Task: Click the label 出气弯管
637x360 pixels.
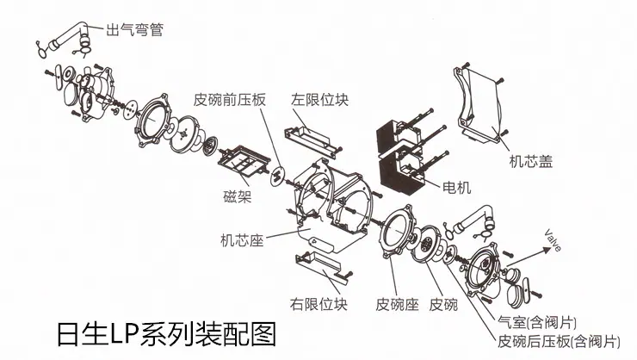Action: click(134, 29)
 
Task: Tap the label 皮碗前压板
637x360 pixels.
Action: click(230, 100)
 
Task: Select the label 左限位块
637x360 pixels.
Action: click(319, 100)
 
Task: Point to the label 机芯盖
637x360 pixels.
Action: click(531, 162)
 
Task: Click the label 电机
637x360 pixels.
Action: click(456, 187)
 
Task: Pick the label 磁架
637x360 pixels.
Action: click(238, 196)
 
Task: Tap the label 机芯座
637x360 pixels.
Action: click(242, 240)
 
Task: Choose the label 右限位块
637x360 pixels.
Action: click(318, 304)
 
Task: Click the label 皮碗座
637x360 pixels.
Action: click(397, 304)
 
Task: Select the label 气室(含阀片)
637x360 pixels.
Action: click(537, 323)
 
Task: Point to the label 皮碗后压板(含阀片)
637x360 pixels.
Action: click(559, 341)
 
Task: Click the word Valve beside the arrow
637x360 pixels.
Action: click(553, 240)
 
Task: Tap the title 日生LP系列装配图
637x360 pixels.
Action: click(166, 334)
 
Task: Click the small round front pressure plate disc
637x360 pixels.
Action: click(277, 176)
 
